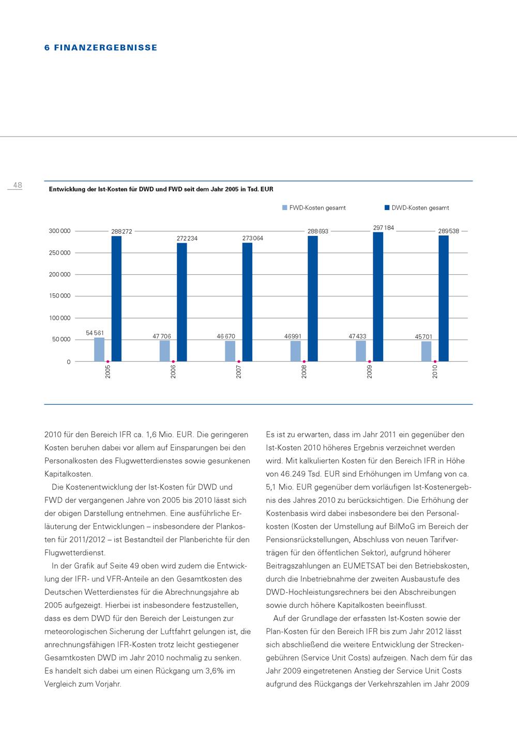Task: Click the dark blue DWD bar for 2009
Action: tap(378, 296)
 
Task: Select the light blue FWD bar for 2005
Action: tap(99, 349)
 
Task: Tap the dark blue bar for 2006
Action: tap(182, 302)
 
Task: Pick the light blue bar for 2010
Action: tap(427, 351)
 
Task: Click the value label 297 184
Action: tap(384, 228)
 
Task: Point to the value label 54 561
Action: tap(95, 333)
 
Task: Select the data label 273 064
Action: tap(253, 238)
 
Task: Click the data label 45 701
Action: tap(423, 337)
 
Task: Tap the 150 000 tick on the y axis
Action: tap(60, 296)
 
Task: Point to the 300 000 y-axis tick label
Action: tap(60, 231)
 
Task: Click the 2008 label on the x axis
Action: tap(304, 371)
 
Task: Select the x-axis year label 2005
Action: tap(108, 371)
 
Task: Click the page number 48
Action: tap(18, 185)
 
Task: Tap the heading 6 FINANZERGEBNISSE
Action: tap(101, 48)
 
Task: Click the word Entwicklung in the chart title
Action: tap(66, 190)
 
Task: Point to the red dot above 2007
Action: tap(238, 362)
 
